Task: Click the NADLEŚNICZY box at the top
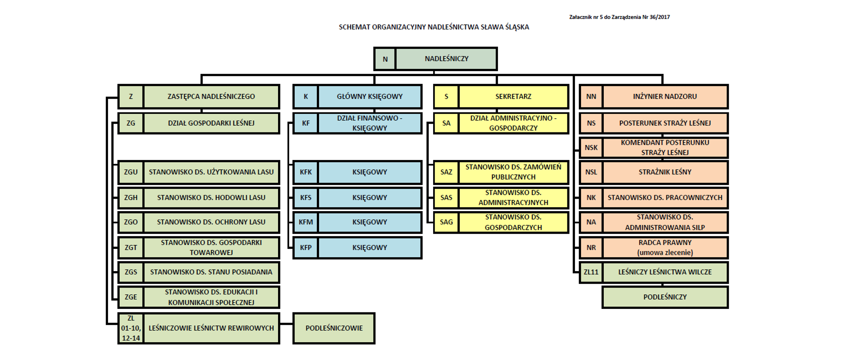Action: coord(446,59)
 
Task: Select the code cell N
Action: coord(385,59)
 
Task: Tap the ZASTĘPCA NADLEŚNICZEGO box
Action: coord(211,96)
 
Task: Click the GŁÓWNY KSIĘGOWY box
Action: coord(370,96)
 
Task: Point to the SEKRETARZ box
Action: coord(513,96)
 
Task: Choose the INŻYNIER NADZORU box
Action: coord(665,96)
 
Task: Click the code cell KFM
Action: coord(306,222)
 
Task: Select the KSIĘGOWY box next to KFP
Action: coord(370,248)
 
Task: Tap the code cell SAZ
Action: coord(446,172)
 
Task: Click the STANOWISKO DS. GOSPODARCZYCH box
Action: coord(513,222)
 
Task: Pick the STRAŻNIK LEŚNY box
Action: coord(665,172)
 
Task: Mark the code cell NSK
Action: coord(591,148)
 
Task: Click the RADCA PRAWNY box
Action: coord(665,248)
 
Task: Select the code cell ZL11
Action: coord(591,272)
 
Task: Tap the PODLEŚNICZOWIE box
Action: coord(334,328)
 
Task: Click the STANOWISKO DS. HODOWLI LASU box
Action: coord(211,198)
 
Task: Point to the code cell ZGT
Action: coord(131,248)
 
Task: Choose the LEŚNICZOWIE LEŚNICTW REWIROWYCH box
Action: coord(211,328)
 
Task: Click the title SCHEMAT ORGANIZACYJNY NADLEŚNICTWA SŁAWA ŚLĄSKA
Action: coord(434,27)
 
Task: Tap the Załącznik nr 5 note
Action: coord(619,17)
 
